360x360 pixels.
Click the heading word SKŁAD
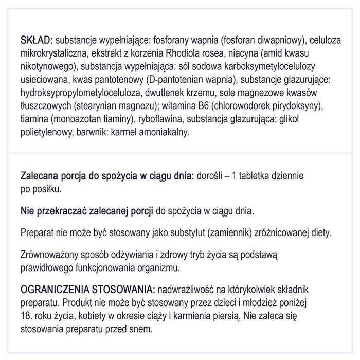[x=35, y=41]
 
